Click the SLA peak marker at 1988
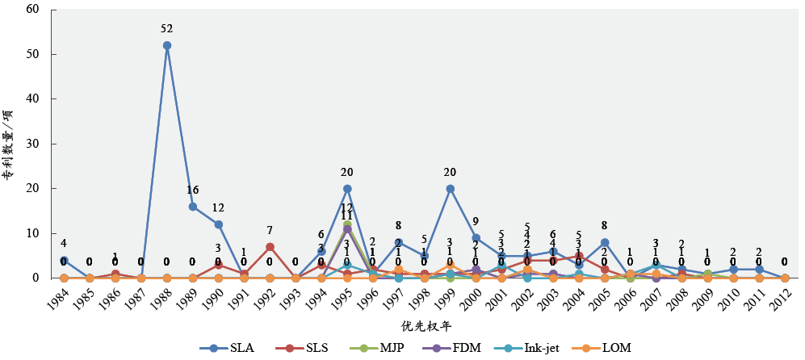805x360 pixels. (167, 45)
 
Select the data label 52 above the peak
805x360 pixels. (167, 29)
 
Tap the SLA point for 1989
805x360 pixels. (193, 207)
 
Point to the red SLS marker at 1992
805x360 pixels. (270, 247)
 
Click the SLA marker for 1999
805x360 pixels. (450, 189)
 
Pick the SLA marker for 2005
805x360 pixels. (605, 242)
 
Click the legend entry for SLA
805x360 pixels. (227, 348)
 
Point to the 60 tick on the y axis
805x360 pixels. (32, 10)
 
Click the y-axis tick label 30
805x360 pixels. (32, 144)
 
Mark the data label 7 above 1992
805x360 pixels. (270, 231)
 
